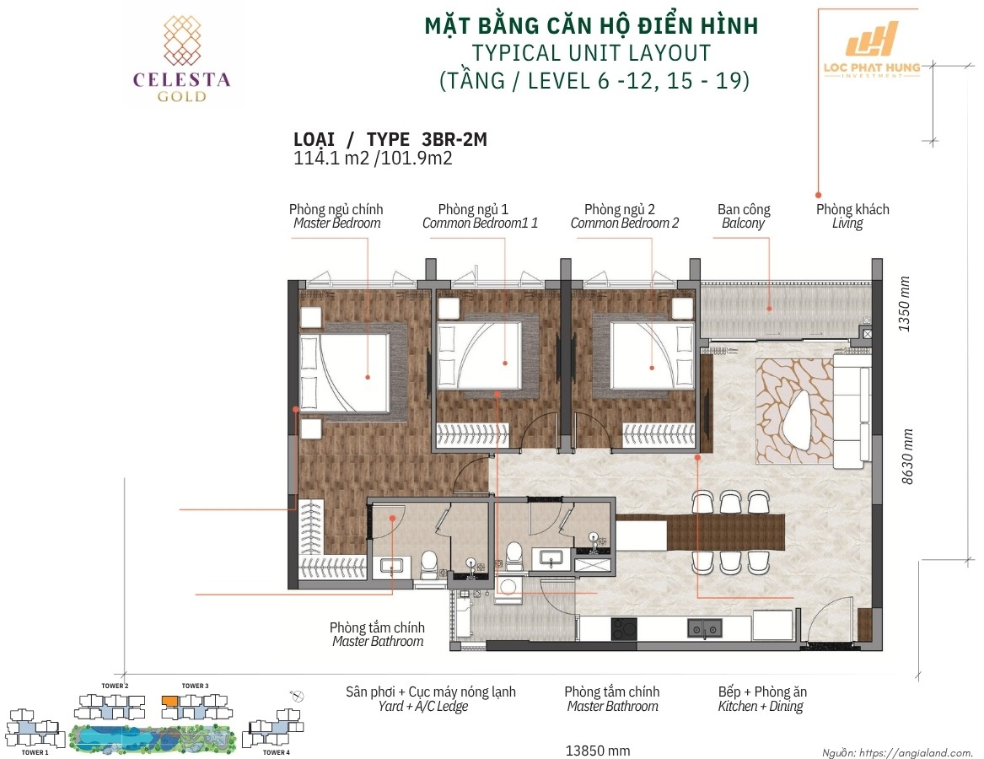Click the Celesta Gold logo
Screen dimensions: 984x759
(x=181, y=59)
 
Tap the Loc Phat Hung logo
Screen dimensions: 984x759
(x=873, y=51)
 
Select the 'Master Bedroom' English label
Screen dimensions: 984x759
(x=337, y=223)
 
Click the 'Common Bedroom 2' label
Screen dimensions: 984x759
(x=625, y=223)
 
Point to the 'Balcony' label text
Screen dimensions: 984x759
(x=743, y=223)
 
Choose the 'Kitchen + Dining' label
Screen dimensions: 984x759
(x=761, y=707)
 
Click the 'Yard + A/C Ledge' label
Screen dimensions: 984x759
(x=423, y=707)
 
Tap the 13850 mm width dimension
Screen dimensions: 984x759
(x=598, y=751)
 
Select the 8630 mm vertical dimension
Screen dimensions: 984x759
(x=907, y=456)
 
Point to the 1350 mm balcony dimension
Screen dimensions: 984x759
(x=904, y=304)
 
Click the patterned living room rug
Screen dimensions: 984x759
(x=795, y=412)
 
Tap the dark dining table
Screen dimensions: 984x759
(x=726, y=531)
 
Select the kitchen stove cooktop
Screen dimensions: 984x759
(x=624, y=629)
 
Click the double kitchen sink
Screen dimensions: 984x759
(x=705, y=628)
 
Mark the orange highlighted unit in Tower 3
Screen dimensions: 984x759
(x=169, y=700)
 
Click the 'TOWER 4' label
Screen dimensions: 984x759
(x=276, y=752)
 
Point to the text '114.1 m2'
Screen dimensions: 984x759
(x=331, y=159)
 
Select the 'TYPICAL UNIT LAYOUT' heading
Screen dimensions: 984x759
(x=591, y=53)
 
